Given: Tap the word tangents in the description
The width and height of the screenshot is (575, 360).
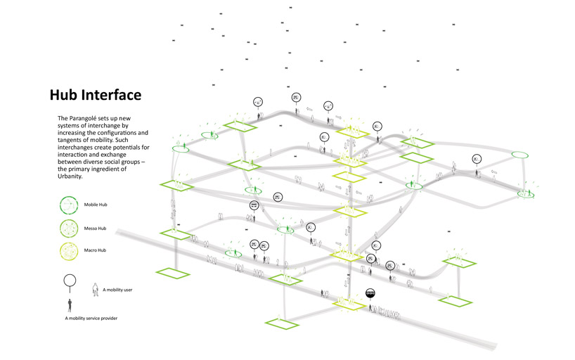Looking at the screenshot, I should click(x=72, y=140).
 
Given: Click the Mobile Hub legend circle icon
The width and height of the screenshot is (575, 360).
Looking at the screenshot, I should click(x=70, y=205).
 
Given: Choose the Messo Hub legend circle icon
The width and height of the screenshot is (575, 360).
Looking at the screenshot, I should click(x=70, y=227).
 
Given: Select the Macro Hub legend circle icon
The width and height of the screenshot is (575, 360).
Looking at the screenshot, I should click(x=70, y=250).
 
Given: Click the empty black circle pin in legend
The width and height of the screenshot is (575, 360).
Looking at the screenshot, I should click(x=70, y=281).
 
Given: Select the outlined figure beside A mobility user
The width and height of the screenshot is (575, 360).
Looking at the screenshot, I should click(x=96, y=288).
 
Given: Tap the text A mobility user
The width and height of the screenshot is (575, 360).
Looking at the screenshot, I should click(x=122, y=288).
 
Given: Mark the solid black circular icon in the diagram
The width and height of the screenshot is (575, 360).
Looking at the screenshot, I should click(x=371, y=293).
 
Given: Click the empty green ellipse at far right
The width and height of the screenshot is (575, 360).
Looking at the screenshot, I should click(x=519, y=155).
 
